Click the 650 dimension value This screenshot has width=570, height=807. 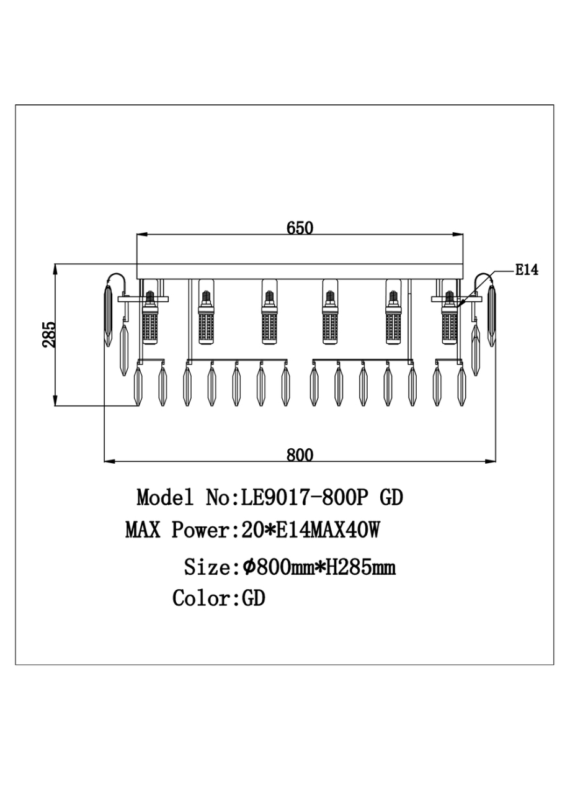[300, 228]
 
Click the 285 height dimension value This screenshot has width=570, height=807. [49, 335]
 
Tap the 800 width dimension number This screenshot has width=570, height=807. [300, 455]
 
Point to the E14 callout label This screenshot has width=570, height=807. [527, 270]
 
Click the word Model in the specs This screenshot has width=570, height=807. [165, 498]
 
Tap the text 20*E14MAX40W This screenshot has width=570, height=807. [310, 530]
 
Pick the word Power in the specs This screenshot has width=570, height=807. [201, 530]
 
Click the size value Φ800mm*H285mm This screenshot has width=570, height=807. [319, 567]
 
